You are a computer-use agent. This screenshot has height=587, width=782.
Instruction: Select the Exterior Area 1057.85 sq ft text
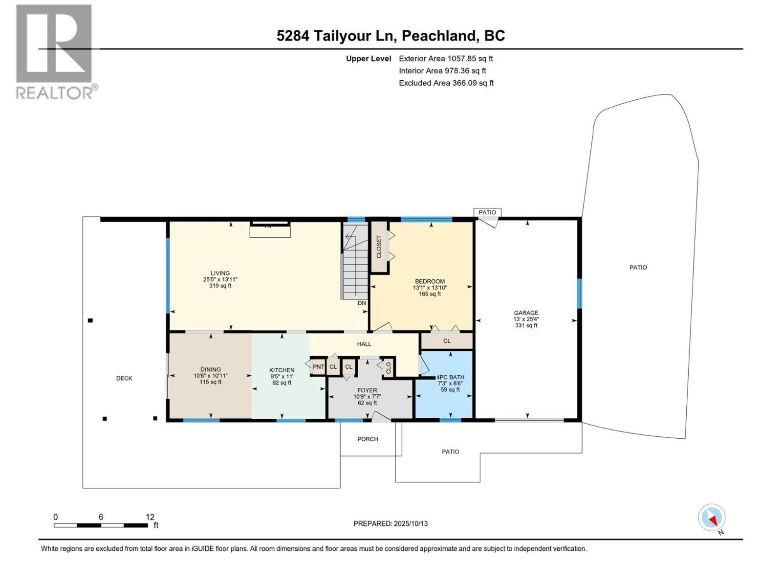tap(446, 58)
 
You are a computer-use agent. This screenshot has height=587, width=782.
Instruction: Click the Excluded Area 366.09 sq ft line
tap(446, 83)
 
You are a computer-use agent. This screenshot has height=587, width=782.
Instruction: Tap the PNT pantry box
tap(318, 367)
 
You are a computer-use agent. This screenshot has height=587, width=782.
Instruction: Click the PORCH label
tap(368, 439)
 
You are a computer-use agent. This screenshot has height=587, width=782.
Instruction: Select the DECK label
tap(124, 378)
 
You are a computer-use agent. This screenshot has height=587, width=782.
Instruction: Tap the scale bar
tap(101, 525)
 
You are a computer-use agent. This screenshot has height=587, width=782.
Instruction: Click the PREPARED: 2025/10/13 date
tap(391, 523)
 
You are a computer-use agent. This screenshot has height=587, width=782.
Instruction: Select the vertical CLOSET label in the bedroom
tap(379, 247)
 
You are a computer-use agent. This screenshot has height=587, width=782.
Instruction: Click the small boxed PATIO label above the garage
tap(487, 212)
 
